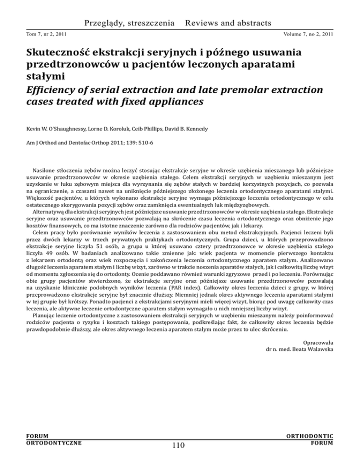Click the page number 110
(x=180, y=454)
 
